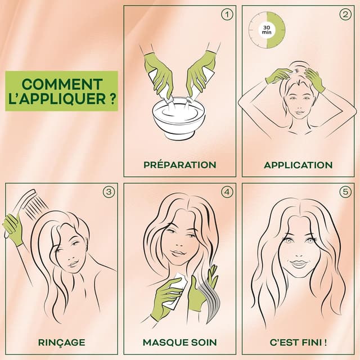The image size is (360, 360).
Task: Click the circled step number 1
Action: [x=227, y=15]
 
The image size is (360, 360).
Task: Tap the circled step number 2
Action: [x=345, y=15]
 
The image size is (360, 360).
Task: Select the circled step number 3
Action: [x=109, y=192]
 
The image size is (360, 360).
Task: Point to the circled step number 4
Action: [x=227, y=192]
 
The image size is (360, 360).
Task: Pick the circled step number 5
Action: [x=345, y=192]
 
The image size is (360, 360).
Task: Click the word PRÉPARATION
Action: [x=180, y=164]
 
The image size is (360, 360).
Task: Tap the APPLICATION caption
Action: [x=298, y=165]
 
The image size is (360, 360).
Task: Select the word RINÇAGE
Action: [x=61, y=343]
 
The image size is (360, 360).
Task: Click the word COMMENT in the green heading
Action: [x=62, y=84]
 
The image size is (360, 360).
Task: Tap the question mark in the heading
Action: [x=112, y=99]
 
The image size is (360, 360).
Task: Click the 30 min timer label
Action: [x=267, y=30]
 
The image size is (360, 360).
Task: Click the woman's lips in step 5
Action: [x=298, y=263]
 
